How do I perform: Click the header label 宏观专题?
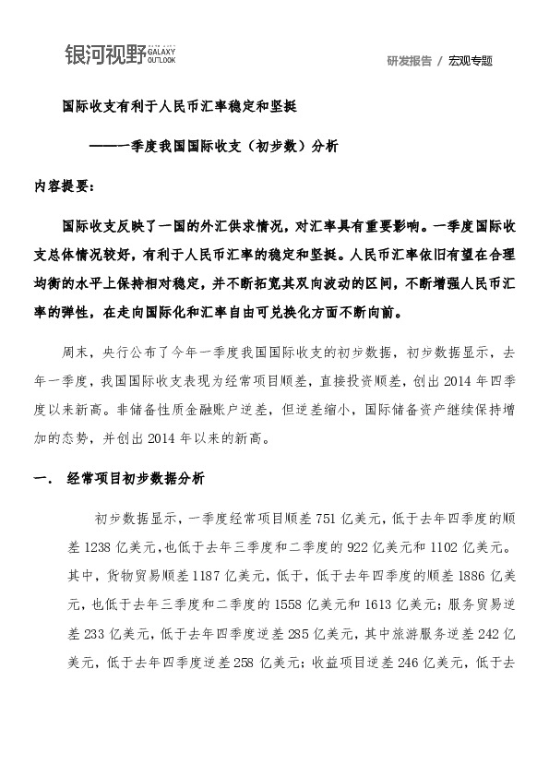coord(471,61)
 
